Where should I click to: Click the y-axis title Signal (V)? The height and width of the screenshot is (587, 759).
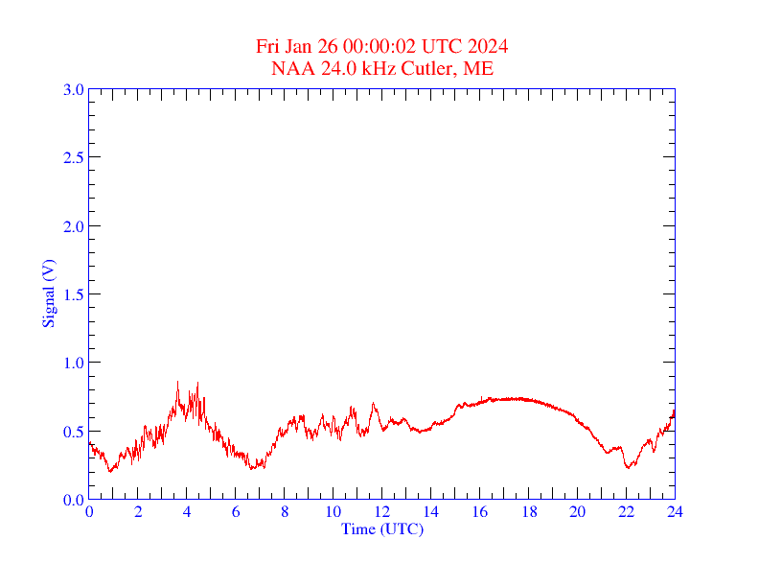[x=48, y=293]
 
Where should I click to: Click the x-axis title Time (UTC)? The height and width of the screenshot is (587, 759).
[x=381, y=528]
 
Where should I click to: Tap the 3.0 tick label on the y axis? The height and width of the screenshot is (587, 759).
[x=73, y=89]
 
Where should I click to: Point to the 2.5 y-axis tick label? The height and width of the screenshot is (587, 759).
[x=73, y=157]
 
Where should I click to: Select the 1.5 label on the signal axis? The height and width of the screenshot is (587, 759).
[x=73, y=294]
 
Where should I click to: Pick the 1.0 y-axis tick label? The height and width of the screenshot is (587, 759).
[x=73, y=363]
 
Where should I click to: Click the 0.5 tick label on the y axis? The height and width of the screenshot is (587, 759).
[x=73, y=432]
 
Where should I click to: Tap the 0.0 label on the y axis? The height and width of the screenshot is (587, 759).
[x=73, y=500]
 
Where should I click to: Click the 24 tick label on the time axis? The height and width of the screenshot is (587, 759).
[x=675, y=512]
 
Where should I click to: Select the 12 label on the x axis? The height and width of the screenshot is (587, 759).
[x=381, y=512]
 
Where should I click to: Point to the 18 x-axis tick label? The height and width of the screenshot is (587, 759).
[x=528, y=512]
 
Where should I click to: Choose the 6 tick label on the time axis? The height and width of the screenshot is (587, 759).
[x=236, y=512]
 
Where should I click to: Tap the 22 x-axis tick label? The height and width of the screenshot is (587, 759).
[x=626, y=512]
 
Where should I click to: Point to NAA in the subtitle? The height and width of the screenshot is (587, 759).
[x=290, y=68]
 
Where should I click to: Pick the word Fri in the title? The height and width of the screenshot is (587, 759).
[x=268, y=47]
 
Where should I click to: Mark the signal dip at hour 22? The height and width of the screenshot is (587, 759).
[x=628, y=467]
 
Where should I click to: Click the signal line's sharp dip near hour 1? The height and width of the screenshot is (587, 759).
[x=111, y=471]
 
